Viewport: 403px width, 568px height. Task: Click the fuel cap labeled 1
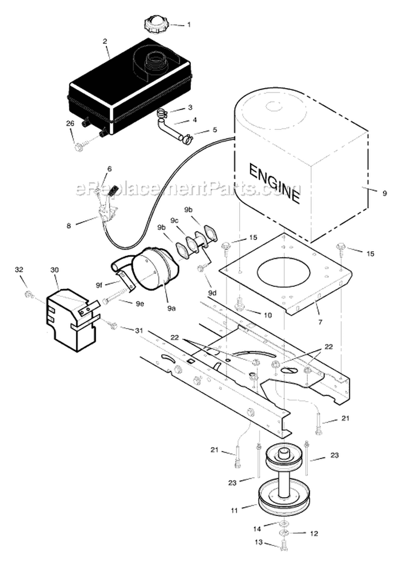click(x=155, y=24)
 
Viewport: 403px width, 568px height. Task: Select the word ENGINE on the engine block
click(x=274, y=183)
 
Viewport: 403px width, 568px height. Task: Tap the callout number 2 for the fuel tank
click(x=105, y=41)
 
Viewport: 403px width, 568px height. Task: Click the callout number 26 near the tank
click(x=70, y=123)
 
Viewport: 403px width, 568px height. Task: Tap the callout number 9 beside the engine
click(x=384, y=193)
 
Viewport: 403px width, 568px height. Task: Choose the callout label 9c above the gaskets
click(x=175, y=221)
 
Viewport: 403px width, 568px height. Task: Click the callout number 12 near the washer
click(x=314, y=534)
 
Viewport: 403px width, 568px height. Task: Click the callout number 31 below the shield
click(x=140, y=331)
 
